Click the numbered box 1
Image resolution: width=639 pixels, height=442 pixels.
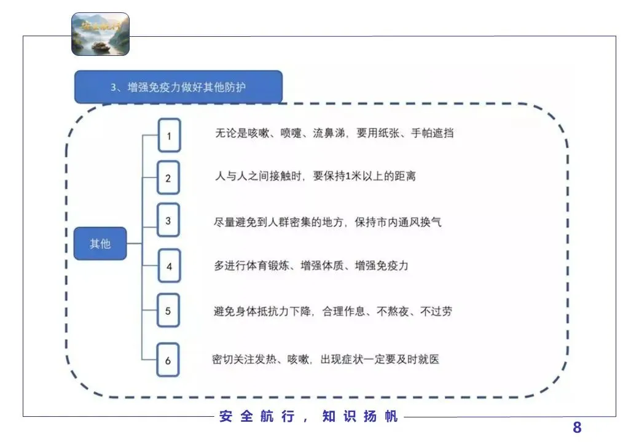coord(169,135)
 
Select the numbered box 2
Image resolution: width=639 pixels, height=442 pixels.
coord(169,179)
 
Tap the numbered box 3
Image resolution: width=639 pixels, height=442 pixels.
coord(168,220)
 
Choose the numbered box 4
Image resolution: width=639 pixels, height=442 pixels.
coord(169,266)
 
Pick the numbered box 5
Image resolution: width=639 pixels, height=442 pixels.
coord(168,311)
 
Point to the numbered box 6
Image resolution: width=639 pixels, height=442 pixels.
coord(168,360)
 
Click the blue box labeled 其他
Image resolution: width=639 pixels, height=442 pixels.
coord(100,244)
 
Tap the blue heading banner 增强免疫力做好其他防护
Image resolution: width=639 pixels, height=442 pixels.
coord(178,87)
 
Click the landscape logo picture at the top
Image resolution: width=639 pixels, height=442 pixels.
coord(100,34)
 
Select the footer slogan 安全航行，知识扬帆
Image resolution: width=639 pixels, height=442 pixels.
coord(308,417)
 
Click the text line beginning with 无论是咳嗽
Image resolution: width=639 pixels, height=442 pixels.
coord(334,133)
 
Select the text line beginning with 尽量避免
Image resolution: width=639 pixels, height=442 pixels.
coord(327,222)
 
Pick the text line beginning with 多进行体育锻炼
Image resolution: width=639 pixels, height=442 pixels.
coord(311,266)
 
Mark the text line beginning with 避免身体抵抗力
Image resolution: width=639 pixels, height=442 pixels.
coord(333,311)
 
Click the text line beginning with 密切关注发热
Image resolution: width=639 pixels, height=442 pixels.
coord(326,359)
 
